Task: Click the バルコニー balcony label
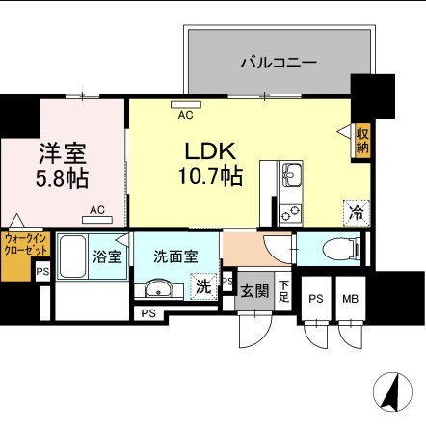coord(279,62)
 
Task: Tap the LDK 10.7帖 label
coord(210,164)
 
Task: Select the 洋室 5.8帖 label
coord(62,165)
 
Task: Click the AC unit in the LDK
coord(186,104)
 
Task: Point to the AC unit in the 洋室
coord(97,220)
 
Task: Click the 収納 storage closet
coord(362,141)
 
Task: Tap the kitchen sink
coord(291,175)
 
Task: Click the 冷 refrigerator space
coord(357,212)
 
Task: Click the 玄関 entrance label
coord(254,291)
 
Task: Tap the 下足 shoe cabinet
coord(283,291)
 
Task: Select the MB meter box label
coord(350,299)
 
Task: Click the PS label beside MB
coord(316,299)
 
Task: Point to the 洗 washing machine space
coord(203,286)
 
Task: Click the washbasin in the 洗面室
coord(159,288)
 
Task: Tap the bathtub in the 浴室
coord(72,256)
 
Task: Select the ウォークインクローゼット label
coord(26,245)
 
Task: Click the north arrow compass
coord(393,392)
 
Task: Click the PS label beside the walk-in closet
coord(42,272)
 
